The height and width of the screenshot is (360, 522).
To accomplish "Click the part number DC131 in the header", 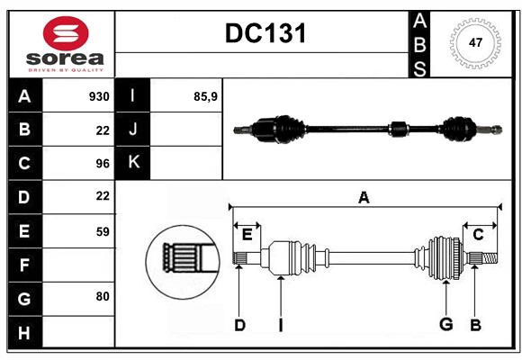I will coord(265,33).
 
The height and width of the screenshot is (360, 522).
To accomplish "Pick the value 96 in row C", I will coord(102,164).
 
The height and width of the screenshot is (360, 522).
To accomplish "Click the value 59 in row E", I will coord(102,231).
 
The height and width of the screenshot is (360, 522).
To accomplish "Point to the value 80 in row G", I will coord(102,295).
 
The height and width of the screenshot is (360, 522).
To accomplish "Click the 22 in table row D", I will coord(102,195).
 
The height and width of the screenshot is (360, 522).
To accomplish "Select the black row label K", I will coord(133,163).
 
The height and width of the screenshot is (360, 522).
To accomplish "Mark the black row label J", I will coord(133,130).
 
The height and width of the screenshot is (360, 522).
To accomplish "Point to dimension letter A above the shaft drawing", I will coord(364,197).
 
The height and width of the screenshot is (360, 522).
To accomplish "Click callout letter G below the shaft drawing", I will coord(445,325).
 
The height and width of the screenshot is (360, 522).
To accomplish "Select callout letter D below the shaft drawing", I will coord(239,325).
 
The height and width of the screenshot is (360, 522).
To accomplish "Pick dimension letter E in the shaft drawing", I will coord(247,235).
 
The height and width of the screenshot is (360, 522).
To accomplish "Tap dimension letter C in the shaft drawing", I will coord(479,235).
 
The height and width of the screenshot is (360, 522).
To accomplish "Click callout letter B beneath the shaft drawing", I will coord(476,325).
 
